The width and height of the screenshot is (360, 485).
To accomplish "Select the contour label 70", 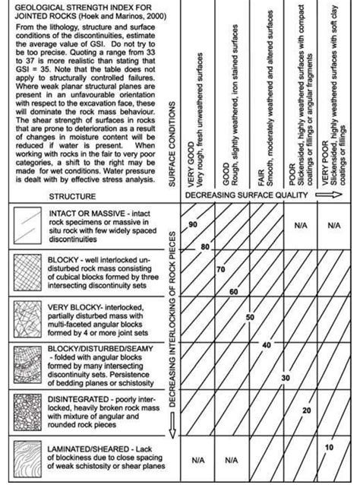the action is click(220, 270).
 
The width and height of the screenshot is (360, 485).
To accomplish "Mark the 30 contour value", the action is click(285, 377).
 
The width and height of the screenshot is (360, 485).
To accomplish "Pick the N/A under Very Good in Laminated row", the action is click(197, 460).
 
